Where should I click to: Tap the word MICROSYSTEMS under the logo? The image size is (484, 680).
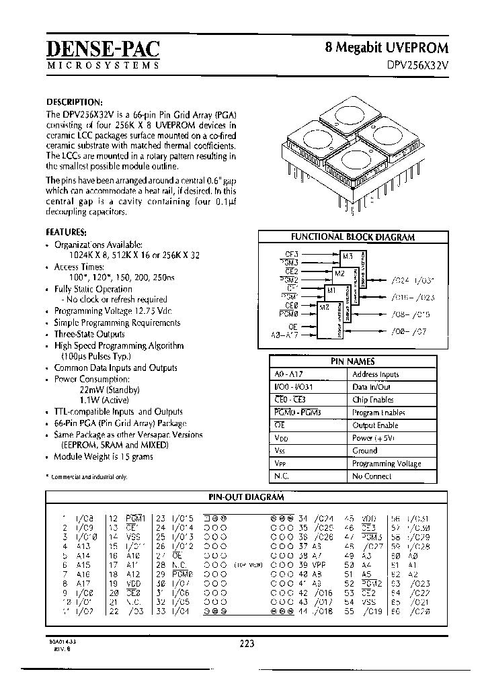(x=104, y=65)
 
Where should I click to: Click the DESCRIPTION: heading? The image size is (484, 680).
(x=74, y=101)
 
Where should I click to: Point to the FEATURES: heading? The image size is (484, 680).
(x=66, y=232)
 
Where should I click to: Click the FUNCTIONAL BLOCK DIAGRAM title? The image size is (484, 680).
(x=352, y=237)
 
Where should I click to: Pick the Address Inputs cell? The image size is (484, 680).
(x=375, y=374)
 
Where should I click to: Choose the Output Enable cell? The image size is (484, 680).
(x=375, y=425)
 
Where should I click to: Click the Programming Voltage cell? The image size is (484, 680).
(x=387, y=464)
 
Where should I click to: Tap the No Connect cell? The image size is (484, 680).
(x=372, y=476)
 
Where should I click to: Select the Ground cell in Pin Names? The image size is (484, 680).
(x=364, y=451)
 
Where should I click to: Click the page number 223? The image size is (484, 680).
(x=247, y=643)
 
